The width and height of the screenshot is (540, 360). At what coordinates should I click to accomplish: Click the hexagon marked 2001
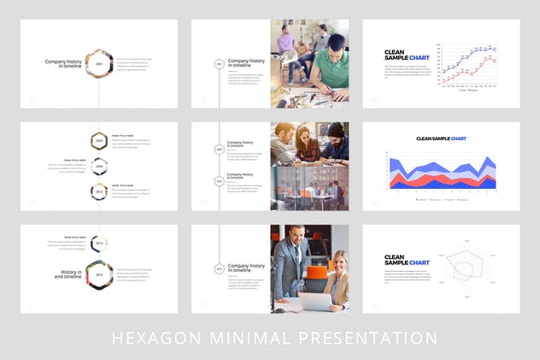click(x=99, y=64)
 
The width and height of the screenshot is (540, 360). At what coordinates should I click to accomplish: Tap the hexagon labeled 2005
click(x=99, y=140)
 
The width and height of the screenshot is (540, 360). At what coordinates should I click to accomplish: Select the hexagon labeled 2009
click(x=99, y=166)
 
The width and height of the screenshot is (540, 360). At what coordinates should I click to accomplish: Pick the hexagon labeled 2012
click(x=99, y=192)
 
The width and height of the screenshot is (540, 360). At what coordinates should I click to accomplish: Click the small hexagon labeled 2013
click(x=99, y=244)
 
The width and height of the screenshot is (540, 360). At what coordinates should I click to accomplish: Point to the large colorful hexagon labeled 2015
click(x=99, y=275)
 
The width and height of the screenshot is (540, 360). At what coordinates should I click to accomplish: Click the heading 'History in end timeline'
click(x=69, y=274)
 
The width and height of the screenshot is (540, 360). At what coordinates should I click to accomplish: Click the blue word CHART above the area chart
click(x=459, y=139)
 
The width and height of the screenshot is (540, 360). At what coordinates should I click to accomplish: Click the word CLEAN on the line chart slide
click(x=394, y=52)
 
